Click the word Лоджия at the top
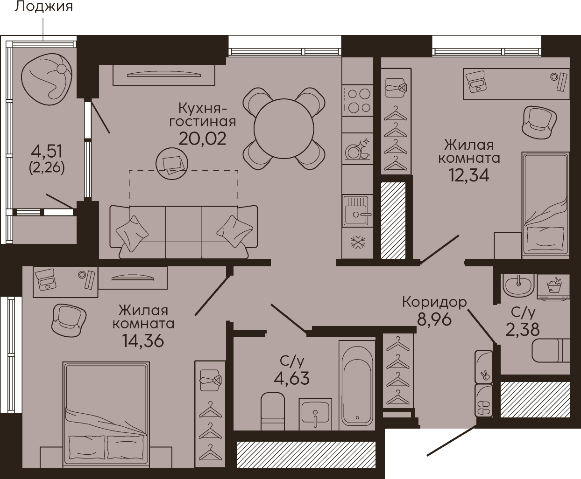[x=44, y=7]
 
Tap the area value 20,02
[x=202, y=139]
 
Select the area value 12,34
[x=469, y=175]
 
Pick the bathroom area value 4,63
[x=291, y=378]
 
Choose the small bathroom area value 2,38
[x=522, y=330]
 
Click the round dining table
[x=284, y=128]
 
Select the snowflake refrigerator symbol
[x=358, y=242]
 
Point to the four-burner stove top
[x=358, y=101]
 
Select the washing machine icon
[x=553, y=287]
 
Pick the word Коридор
[x=434, y=302]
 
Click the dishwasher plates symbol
[x=358, y=149]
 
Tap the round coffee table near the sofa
[x=172, y=164]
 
